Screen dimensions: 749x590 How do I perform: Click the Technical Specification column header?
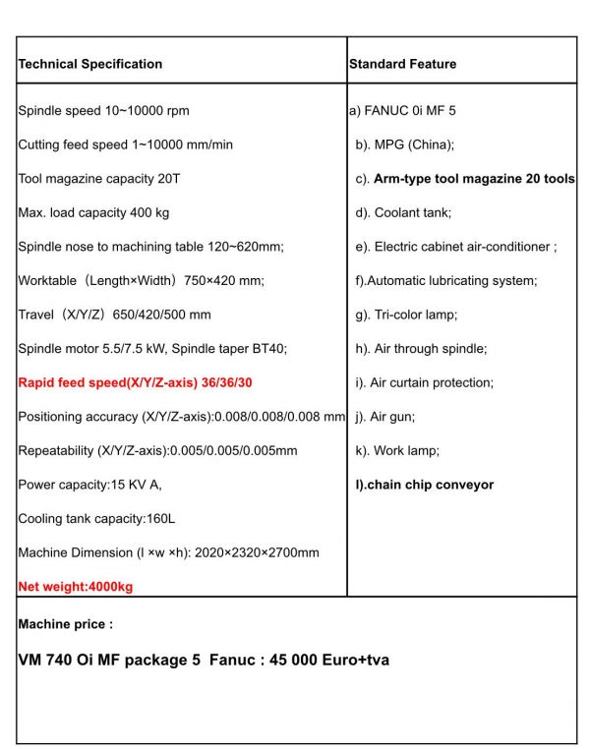click(x=90, y=64)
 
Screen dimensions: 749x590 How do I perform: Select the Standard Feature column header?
click(x=402, y=64)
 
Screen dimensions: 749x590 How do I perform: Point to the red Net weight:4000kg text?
click(x=76, y=587)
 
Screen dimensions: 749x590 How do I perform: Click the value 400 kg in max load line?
click(x=147, y=212)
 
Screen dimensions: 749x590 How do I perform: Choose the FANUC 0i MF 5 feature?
click(x=403, y=111)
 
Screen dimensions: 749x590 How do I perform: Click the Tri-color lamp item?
click(x=406, y=315)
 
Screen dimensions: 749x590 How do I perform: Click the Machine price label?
click(x=66, y=624)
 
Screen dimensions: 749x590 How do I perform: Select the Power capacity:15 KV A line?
click(x=89, y=485)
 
